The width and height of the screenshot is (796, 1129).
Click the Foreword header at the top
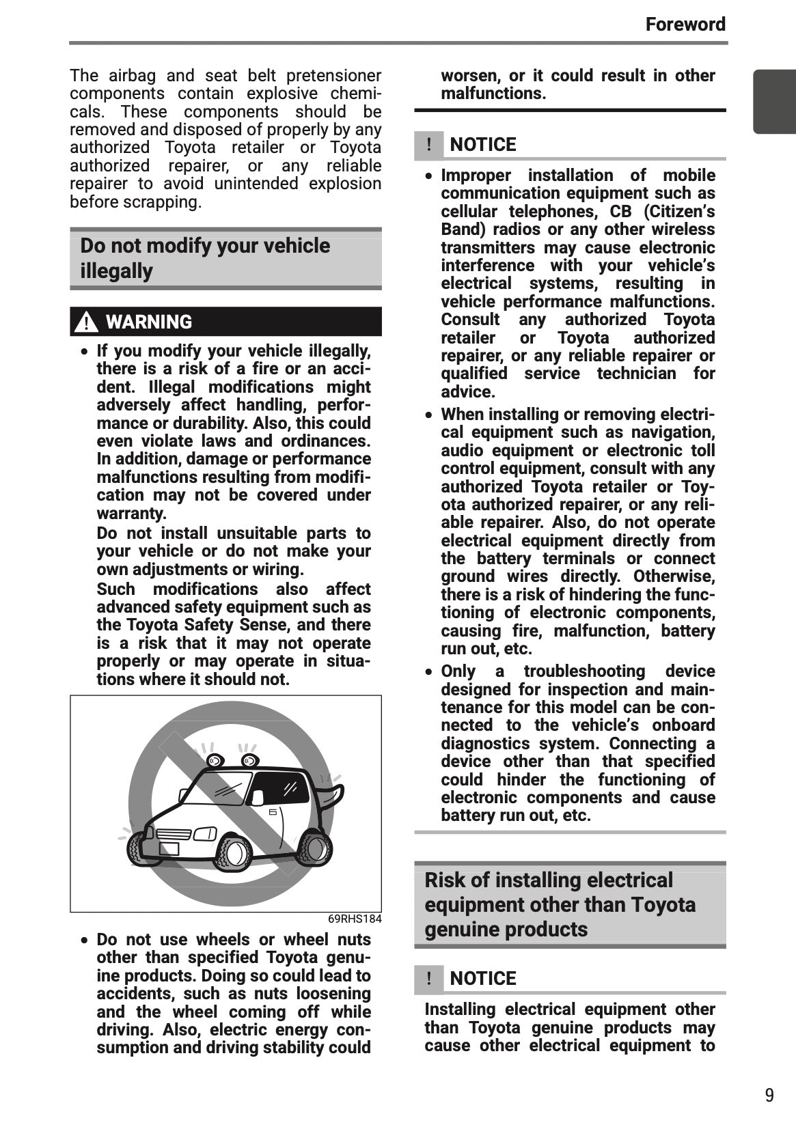pos(685,25)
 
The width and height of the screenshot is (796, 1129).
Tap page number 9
pos(769,1096)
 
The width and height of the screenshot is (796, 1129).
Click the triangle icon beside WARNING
pos(85,322)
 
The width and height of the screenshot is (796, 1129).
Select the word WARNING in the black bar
pos(149,322)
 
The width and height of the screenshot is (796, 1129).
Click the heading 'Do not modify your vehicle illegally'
pos(205,258)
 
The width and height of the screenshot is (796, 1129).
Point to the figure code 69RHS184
pos(355,919)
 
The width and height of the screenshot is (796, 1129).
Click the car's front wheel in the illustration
pos(235,852)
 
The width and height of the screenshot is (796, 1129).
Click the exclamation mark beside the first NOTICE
pos(428,145)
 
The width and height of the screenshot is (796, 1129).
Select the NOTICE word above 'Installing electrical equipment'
pos(483,979)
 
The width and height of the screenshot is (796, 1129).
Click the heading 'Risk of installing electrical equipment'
pos(560,904)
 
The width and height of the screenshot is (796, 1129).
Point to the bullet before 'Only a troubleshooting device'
pos(428,672)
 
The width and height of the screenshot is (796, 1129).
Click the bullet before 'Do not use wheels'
pos(84,940)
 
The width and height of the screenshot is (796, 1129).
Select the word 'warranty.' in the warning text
pos(131,513)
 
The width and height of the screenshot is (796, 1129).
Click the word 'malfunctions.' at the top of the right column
pos(493,94)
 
